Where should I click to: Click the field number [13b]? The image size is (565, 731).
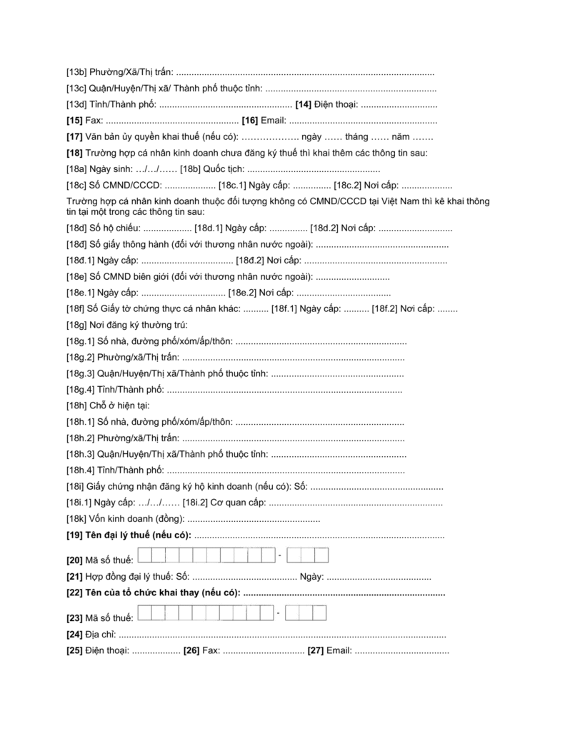click(76, 73)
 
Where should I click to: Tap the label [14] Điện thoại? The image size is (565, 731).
click(327, 105)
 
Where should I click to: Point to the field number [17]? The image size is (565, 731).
click(74, 136)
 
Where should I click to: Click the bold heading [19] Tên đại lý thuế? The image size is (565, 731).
click(129, 534)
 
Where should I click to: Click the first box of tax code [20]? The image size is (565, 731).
click(144, 555)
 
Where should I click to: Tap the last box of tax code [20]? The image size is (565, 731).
click(321, 555)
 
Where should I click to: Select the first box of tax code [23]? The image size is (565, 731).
click(144, 612)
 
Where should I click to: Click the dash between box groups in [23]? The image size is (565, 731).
click(284, 612)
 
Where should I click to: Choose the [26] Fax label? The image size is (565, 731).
click(201, 650)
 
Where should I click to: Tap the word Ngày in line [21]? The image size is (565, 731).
click(312, 576)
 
